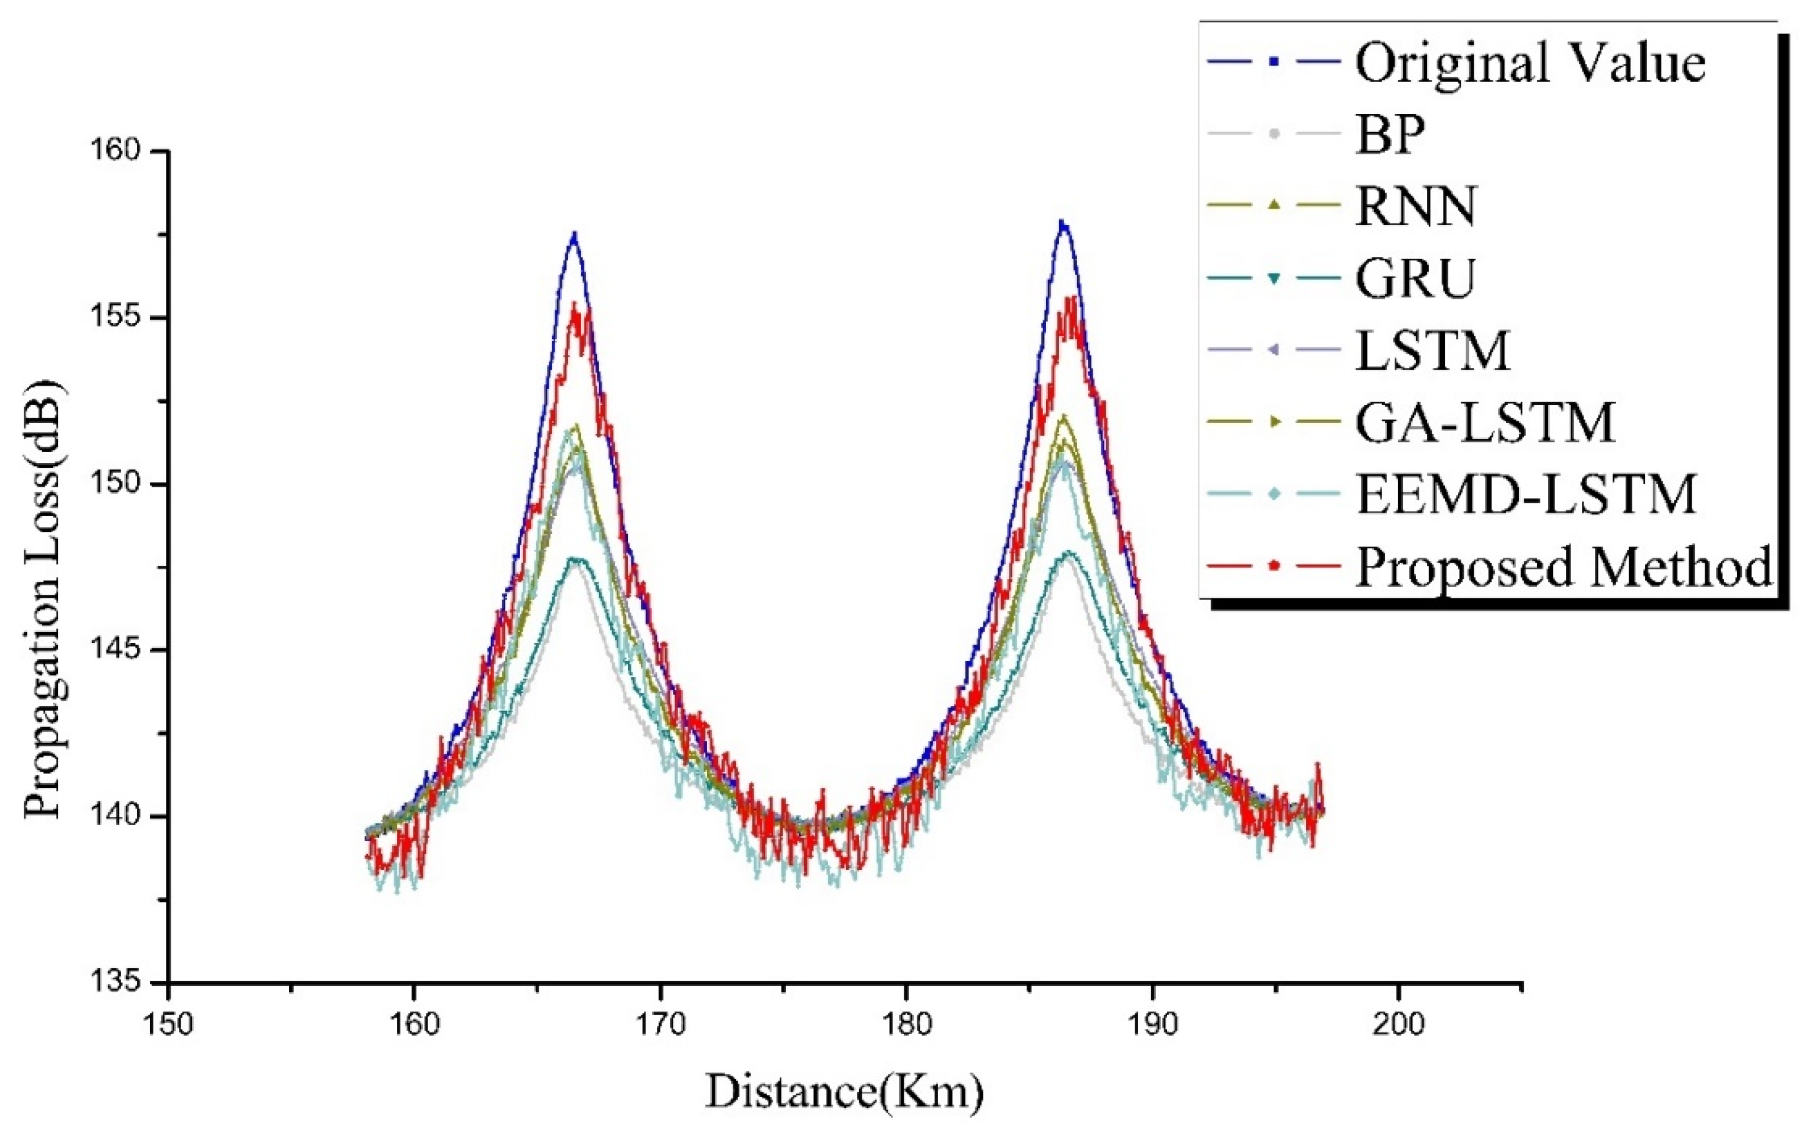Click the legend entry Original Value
[1530, 63]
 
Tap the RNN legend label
[1416, 206]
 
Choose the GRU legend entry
[1416, 278]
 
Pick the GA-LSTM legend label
[1485, 422]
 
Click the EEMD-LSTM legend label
[1527, 494]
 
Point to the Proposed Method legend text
[1564, 566]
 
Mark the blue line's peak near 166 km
[574, 234]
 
